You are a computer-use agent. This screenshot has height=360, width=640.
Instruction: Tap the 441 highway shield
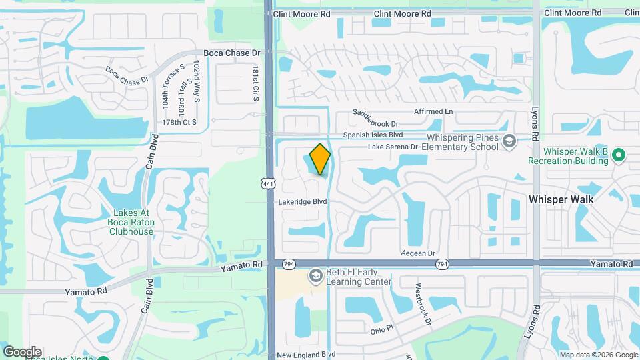268,183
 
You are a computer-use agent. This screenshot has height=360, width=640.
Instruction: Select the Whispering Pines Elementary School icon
509,141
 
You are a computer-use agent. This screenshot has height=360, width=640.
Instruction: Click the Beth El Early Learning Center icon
315,276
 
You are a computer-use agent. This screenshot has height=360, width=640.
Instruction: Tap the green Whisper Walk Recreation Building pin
619,155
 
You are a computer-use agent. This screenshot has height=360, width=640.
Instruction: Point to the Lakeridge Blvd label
304,201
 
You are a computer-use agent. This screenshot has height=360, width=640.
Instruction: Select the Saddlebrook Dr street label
375,124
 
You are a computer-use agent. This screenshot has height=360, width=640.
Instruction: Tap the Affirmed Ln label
433,111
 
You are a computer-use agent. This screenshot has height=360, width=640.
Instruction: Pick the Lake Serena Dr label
392,146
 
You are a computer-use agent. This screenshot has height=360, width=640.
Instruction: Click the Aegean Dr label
418,253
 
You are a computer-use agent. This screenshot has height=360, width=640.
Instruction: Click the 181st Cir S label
255,83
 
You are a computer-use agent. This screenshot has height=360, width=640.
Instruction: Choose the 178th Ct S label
180,123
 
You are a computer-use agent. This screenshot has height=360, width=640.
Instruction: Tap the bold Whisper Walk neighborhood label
561,199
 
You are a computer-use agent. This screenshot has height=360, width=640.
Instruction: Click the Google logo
22,352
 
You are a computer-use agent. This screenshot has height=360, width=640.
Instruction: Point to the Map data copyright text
599,355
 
